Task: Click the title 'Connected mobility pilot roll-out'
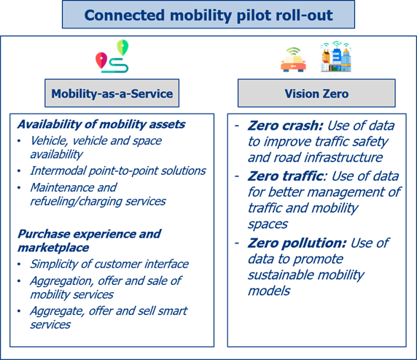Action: (208, 15)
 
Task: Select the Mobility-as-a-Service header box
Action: (112, 93)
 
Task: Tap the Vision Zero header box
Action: (316, 93)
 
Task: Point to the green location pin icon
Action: (122, 47)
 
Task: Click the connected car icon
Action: (293, 60)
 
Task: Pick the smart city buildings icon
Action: (336, 56)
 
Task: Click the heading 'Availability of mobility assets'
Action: (101, 124)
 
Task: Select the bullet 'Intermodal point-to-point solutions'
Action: (118, 171)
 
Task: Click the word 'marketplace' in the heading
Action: (53, 248)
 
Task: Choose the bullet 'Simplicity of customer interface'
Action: (109, 264)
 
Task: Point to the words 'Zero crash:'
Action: (285, 126)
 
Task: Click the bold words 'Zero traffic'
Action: (285, 176)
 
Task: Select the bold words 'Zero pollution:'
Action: (297, 243)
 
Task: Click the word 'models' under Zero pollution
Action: (269, 291)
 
